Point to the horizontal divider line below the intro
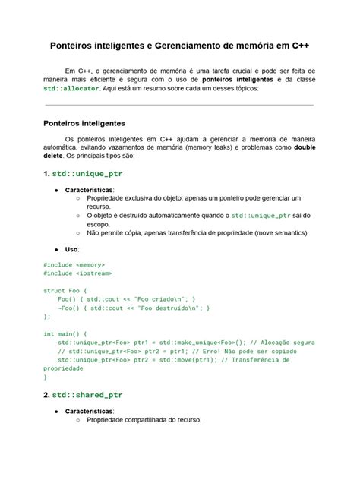(179, 104)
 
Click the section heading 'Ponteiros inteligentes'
(84, 123)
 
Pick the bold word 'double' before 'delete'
(305, 147)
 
